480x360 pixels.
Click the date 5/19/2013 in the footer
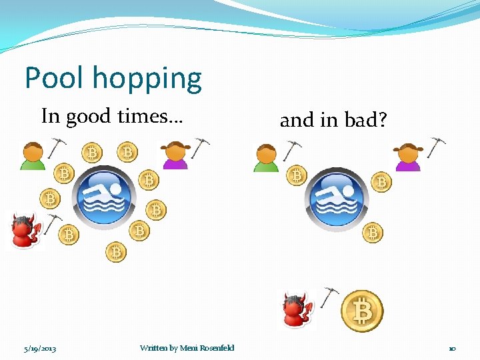click(40, 348)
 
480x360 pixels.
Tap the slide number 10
click(451, 348)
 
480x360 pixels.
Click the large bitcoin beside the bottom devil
click(362, 311)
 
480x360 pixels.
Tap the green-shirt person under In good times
click(32, 156)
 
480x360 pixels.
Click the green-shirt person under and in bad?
click(266, 157)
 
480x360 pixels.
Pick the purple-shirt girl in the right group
click(408, 157)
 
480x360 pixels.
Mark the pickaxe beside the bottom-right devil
click(329, 297)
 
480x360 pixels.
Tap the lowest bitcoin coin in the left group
click(116, 252)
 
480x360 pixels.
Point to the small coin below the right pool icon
click(372, 232)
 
